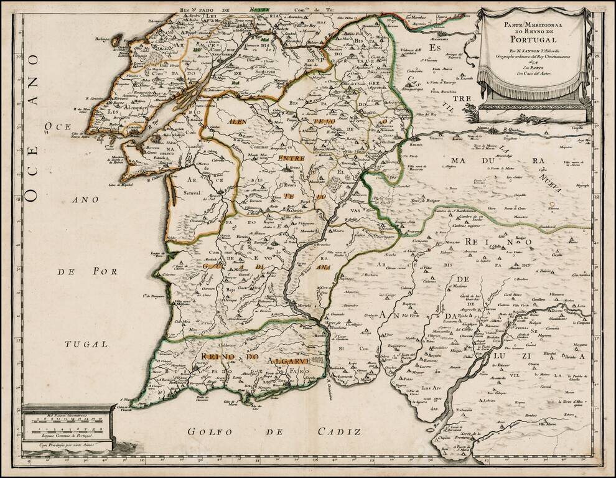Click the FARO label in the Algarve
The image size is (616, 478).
(x=299, y=372)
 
